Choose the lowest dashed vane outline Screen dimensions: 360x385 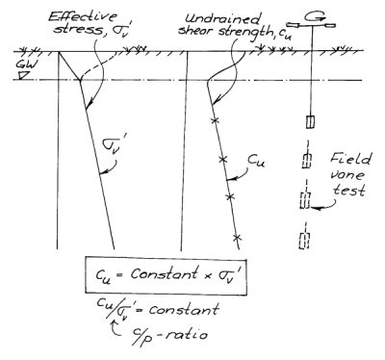click(x=309, y=240)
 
